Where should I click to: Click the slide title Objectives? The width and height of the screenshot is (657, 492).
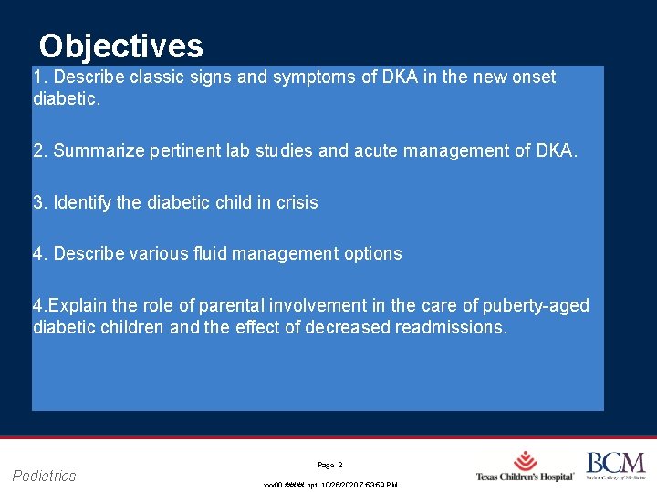[x=120, y=46]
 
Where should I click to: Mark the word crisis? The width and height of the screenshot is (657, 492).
[x=295, y=202]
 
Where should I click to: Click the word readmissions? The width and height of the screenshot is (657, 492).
[x=451, y=326]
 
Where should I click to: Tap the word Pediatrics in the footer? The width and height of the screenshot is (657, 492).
[x=45, y=476]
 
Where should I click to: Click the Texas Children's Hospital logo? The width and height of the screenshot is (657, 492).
[x=525, y=466]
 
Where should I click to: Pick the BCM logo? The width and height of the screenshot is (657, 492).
[x=615, y=466]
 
